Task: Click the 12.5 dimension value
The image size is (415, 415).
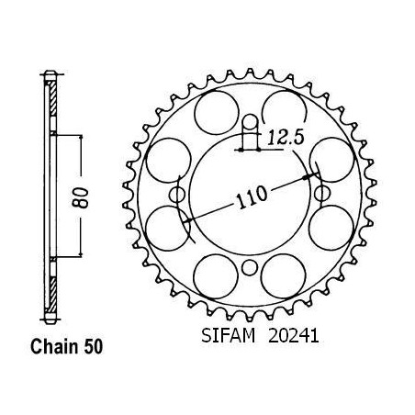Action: click(286, 138)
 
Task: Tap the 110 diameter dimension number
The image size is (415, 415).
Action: click(252, 197)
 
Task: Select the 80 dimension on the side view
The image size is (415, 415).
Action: click(81, 197)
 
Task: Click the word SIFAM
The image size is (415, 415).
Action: click(228, 336)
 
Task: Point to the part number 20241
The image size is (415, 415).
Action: click(294, 336)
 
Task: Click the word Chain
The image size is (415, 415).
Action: click(54, 347)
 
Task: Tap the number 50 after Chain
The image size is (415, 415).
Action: click(93, 347)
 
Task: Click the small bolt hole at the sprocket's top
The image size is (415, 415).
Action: click(251, 121)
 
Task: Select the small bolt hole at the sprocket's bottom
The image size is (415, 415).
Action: click(250, 268)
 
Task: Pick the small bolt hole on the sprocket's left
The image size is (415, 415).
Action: click(177, 195)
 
